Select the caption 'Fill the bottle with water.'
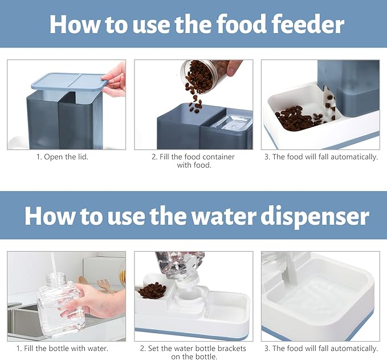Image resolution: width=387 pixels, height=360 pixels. (x=66, y=348)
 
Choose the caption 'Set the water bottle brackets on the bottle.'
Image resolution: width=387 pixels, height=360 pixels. (x=194, y=352)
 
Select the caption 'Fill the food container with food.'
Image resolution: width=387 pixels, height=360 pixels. (x=194, y=161)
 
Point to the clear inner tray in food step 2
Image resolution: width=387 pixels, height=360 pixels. (x=231, y=122)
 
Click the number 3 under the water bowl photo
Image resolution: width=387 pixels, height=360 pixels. (x=266, y=348)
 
